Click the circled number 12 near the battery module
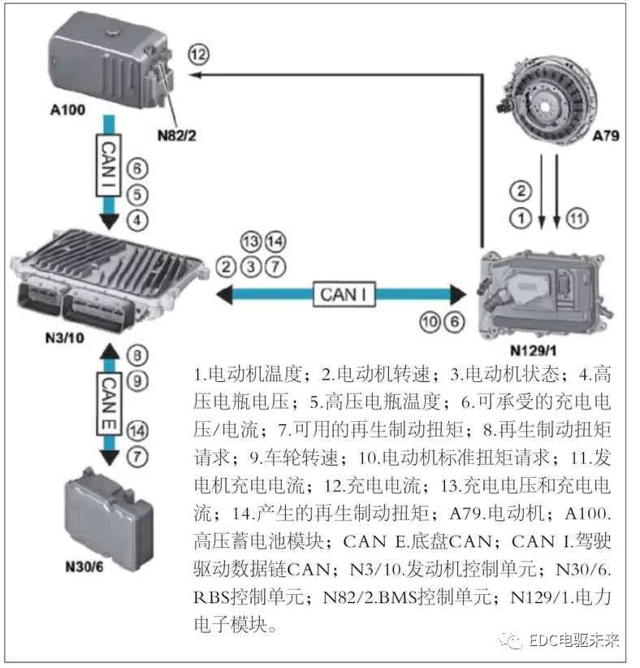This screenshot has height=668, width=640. click(x=198, y=54)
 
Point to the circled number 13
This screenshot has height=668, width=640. click(x=252, y=241)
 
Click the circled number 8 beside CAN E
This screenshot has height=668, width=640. click(x=139, y=354)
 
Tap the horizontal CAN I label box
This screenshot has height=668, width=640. click(x=345, y=293)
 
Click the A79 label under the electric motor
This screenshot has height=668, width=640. click(x=605, y=136)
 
